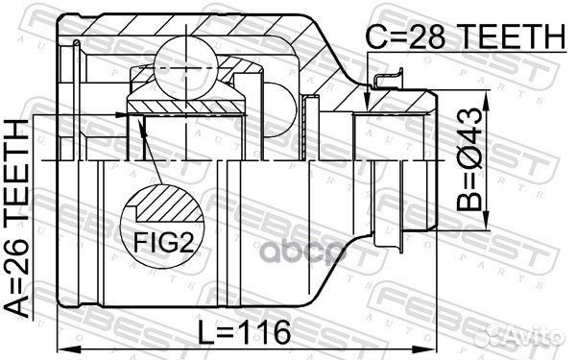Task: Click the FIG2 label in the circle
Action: click(163, 242)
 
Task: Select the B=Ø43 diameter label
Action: click(469, 159)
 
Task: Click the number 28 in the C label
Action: click(427, 36)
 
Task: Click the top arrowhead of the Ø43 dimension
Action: click(486, 101)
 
